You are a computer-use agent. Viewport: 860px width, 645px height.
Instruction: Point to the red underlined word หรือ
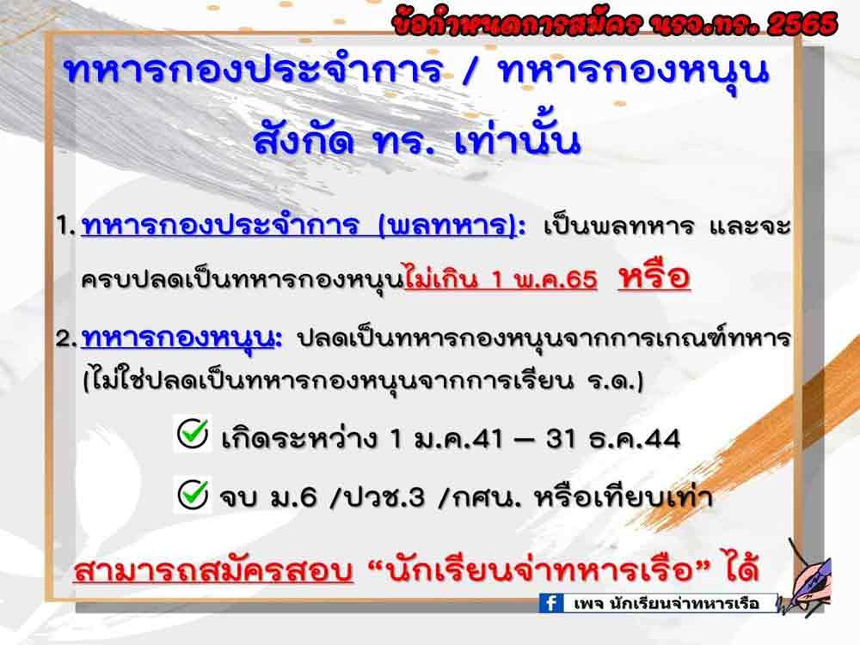[x=654, y=280]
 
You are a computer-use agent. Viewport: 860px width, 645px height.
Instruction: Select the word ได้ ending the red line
[x=741, y=569]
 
